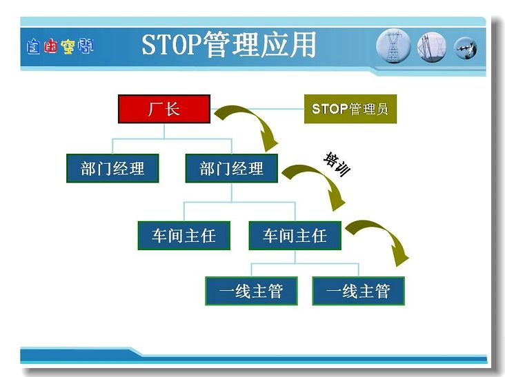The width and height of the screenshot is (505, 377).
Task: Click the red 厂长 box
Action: point(164,109)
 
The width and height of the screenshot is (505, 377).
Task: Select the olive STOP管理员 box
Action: point(350,109)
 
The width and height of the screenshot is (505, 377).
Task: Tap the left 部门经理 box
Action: point(112,168)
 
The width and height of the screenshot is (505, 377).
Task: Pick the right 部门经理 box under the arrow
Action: point(232,168)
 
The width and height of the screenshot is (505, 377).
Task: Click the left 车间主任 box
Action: point(184,236)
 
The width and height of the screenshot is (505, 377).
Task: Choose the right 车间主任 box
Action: point(295,236)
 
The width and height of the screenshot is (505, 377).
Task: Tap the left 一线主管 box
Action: point(251,291)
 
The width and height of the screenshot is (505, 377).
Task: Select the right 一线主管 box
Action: point(359,291)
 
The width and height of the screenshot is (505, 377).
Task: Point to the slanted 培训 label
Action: point(336,164)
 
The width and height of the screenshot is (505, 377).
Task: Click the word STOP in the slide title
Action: point(172,44)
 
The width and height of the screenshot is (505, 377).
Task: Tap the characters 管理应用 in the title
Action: point(259,44)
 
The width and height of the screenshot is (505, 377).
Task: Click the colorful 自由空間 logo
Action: point(60,46)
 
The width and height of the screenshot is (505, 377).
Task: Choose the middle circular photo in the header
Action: point(432,47)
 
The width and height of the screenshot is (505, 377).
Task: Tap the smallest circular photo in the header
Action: point(466,48)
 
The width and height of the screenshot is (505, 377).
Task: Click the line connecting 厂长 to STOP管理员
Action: point(257,109)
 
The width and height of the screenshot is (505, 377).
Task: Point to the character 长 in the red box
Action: point(172,109)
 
